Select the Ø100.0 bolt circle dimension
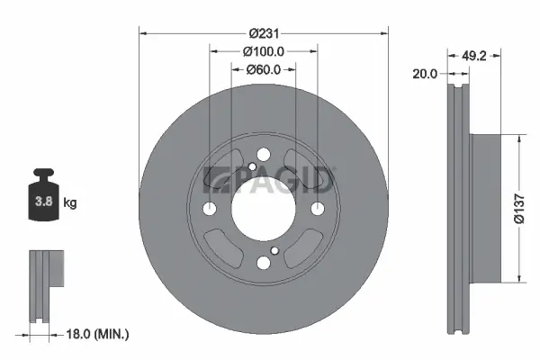[x=264, y=51]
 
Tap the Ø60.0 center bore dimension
[x=264, y=69]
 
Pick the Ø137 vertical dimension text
[x=518, y=208]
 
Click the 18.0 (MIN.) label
[x=98, y=334]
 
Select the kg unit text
[x=70, y=203]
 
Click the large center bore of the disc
[x=263, y=209]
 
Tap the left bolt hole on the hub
[x=210, y=209]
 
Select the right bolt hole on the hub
[x=317, y=209]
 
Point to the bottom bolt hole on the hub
[x=263, y=263]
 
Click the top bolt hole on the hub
[x=263, y=156]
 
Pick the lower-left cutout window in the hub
[x=221, y=249]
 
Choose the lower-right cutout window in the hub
[x=304, y=249]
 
